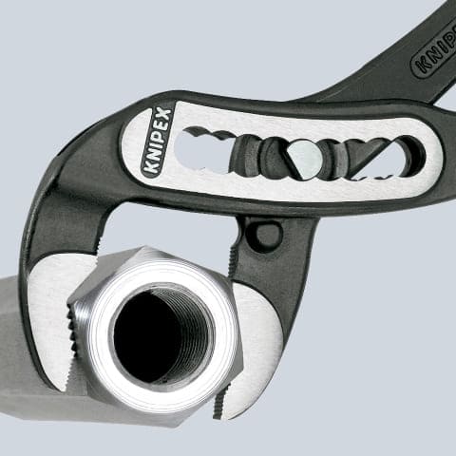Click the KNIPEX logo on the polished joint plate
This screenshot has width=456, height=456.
click(x=156, y=142)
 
